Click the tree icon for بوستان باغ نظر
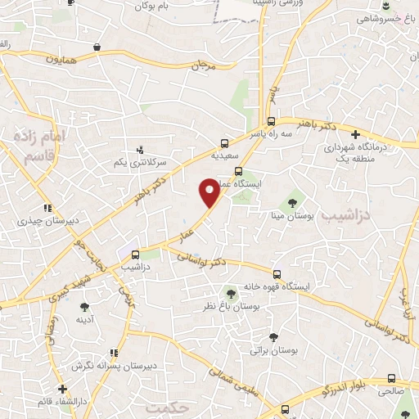[231, 292]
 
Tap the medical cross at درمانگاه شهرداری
[354, 134]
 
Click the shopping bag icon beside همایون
[97, 47]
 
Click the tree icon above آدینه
[84, 307]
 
